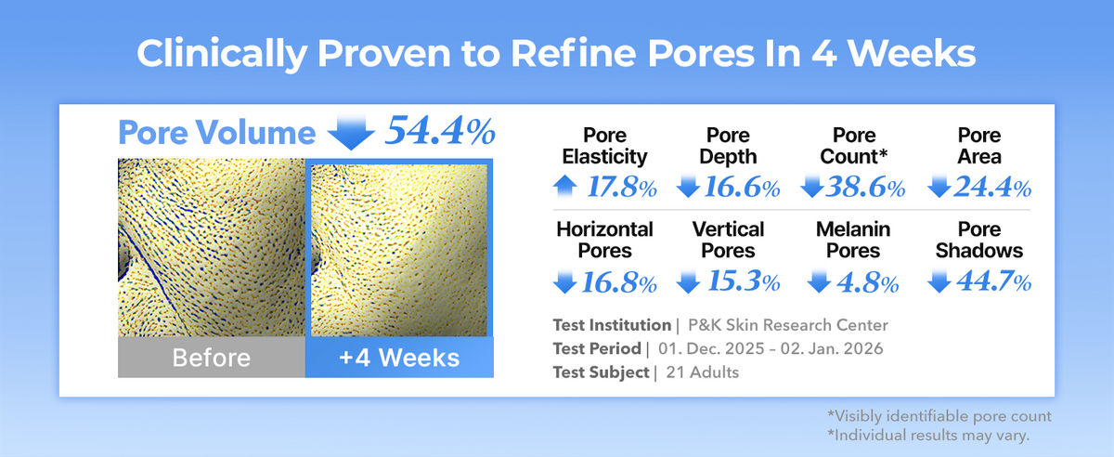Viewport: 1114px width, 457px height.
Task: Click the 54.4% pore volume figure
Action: [441, 131]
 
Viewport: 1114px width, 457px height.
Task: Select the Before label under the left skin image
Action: [212, 358]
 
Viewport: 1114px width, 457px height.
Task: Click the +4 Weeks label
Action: [399, 358]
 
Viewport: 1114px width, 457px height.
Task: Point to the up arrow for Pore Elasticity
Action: [565, 188]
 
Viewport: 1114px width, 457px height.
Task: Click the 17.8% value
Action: [622, 188]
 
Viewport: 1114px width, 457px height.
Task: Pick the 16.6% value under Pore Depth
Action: [742, 188]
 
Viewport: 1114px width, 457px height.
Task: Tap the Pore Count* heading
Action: [854, 146]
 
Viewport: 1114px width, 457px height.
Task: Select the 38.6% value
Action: [865, 188]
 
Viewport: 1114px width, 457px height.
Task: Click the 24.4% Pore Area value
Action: [992, 188]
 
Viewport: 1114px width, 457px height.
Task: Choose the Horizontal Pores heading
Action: [604, 240]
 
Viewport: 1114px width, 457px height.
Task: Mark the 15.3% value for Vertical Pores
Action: [744, 281]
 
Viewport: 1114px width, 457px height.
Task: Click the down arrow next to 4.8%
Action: [819, 281]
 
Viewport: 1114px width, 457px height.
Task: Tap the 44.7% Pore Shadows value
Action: [994, 281]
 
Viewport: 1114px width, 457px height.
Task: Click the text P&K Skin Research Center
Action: [788, 325]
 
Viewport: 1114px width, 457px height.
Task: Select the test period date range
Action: [771, 348]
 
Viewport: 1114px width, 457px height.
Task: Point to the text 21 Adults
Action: [702, 372]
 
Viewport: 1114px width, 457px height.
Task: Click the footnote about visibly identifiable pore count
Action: [939, 416]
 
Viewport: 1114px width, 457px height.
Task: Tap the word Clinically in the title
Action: [222, 54]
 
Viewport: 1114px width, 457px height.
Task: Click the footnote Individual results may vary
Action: [928, 435]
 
